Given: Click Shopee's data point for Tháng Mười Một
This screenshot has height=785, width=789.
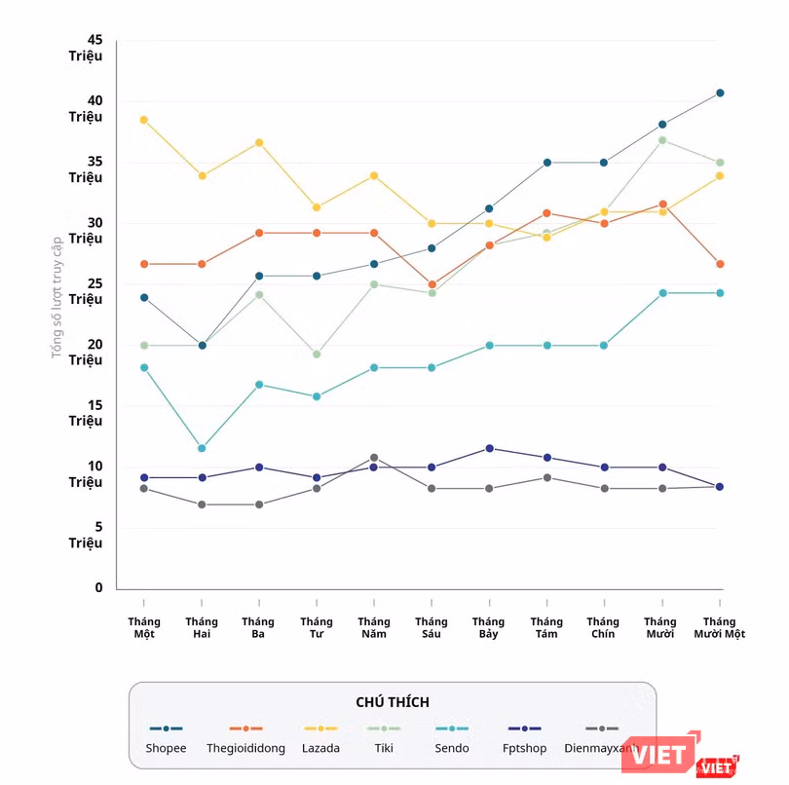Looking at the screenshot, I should click(720, 93).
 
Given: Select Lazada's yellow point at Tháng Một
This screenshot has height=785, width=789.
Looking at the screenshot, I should click(144, 120).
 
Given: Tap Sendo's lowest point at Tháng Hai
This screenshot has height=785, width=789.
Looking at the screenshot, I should click(202, 449).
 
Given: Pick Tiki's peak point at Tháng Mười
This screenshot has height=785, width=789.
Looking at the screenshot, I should click(662, 140).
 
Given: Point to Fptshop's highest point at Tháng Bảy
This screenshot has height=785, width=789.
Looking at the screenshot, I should click(489, 448).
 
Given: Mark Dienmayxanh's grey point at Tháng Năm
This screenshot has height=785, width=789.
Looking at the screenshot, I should click(374, 458).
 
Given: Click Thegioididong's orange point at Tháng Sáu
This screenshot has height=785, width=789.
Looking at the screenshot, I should click(432, 285).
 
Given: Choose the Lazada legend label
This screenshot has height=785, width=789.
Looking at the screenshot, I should click(320, 748).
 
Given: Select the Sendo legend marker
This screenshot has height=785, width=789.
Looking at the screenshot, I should click(452, 729).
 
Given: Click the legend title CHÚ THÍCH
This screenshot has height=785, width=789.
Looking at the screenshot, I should click(393, 702).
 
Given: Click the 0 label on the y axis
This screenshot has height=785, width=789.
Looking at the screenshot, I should click(98, 588).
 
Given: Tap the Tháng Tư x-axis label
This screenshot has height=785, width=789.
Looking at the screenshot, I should click(317, 627).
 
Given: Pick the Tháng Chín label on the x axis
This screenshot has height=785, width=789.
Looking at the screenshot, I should click(603, 627).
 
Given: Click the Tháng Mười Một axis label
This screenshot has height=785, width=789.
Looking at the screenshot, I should click(719, 627).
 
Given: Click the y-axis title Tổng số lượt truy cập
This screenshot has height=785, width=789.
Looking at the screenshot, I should click(57, 297).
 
